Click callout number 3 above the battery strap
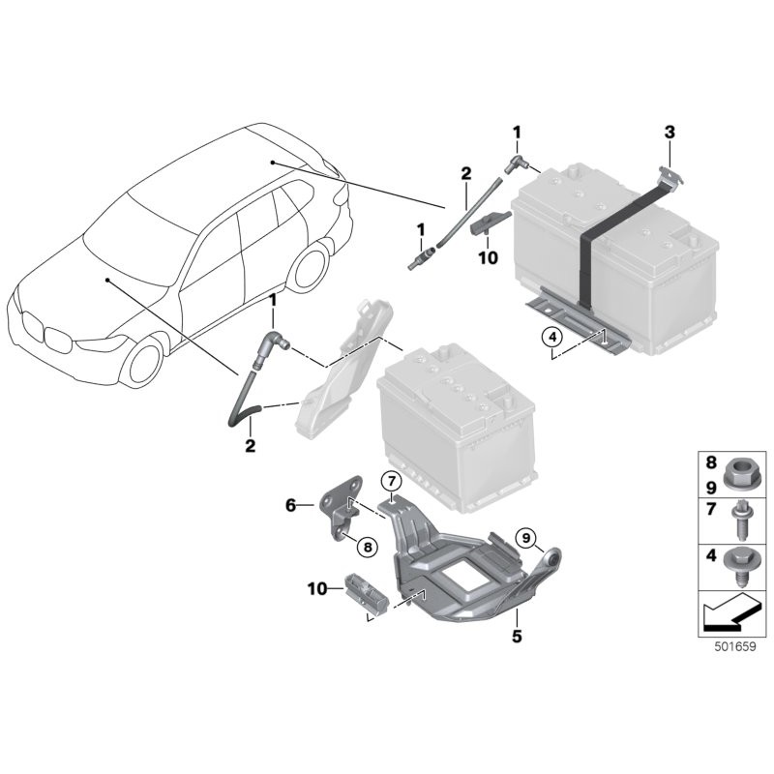[669, 132]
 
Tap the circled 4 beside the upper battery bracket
[551, 337]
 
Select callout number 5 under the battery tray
[517, 637]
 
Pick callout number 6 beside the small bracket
[290, 503]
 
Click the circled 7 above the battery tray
[389, 481]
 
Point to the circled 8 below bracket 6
[367, 547]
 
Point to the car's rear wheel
[309, 266]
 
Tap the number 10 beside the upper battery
[488, 257]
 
